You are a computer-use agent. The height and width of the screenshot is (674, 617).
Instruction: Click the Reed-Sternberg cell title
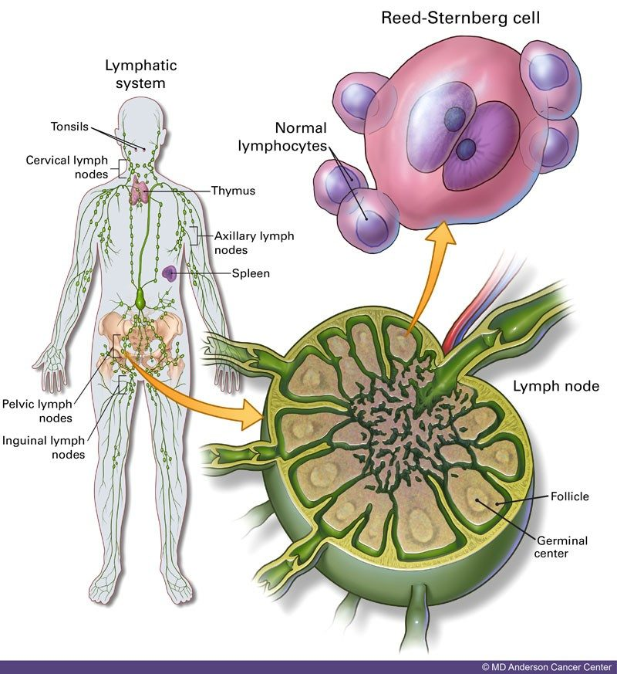pyautogui.click(x=460, y=18)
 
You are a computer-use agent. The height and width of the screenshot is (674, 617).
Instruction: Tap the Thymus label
pyautogui.click(x=233, y=191)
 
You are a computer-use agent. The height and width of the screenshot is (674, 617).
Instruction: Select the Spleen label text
pyautogui.click(x=251, y=273)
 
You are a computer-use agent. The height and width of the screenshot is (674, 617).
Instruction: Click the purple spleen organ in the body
pyautogui.click(x=169, y=273)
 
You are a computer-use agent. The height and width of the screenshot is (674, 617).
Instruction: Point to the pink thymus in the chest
pyautogui.click(x=140, y=191)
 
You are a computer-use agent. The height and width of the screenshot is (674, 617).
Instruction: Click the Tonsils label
pyautogui.click(x=69, y=127)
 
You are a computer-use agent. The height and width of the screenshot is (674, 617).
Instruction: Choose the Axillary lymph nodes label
pyautogui.click(x=255, y=243)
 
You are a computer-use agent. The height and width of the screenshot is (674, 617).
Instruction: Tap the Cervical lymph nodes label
pyautogui.click(x=67, y=167)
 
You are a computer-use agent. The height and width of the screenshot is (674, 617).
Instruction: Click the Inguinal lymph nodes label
pyautogui.click(x=43, y=448)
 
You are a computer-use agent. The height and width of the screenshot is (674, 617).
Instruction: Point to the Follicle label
pyautogui.click(x=570, y=496)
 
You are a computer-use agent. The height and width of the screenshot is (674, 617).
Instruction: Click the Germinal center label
pyautogui.click(x=562, y=547)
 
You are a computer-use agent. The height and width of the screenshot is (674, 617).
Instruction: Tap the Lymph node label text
pyautogui.click(x=556, y=386)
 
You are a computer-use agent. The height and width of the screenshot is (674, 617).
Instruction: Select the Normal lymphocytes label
pyautogui.click(x=282, y=137)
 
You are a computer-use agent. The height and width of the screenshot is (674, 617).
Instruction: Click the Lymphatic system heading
pyautogui.click(x=141, y=74)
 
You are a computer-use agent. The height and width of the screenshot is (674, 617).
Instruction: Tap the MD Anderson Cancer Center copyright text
pyautogui.click(x=547, y=667)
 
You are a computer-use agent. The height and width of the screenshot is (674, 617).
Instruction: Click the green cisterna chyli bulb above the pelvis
pyautogui.click(x=140, y=299)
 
